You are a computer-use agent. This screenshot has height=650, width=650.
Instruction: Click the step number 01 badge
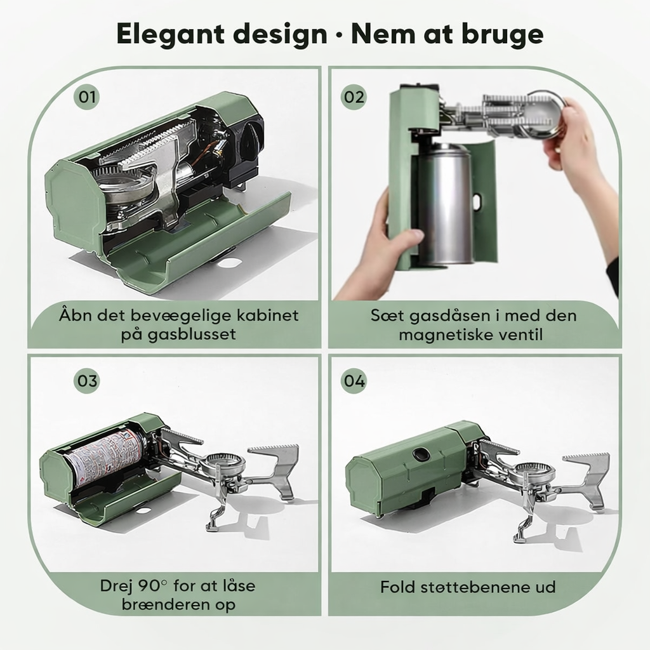86,97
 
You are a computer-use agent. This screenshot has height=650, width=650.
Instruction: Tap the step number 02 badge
354,97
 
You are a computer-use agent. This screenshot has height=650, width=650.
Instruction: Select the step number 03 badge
86,381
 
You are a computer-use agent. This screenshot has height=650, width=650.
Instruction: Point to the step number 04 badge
354,381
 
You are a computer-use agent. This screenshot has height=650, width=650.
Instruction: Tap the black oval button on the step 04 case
420,454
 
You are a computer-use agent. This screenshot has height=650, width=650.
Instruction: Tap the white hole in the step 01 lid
229,262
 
